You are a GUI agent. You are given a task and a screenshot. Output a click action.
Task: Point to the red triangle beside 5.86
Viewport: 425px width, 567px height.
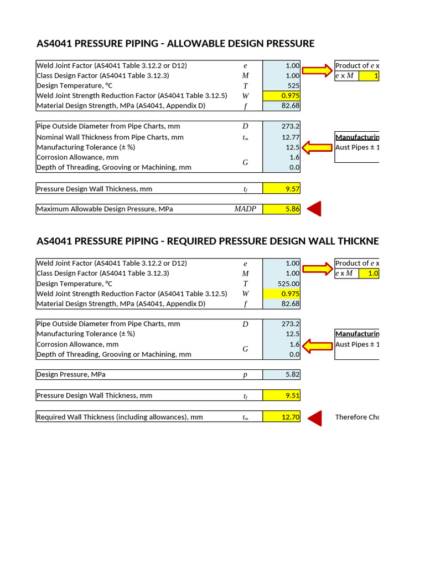coord(314,209)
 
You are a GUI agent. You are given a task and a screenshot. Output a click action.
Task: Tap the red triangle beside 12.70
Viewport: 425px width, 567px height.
coord(314,417)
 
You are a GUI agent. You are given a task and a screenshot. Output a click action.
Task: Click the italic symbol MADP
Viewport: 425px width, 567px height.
coord(245,209)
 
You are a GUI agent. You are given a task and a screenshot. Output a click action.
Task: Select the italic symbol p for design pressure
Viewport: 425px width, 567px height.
coord(245,375)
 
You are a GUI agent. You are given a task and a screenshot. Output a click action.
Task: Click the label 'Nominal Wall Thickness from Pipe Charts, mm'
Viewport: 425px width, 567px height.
coord(110,137)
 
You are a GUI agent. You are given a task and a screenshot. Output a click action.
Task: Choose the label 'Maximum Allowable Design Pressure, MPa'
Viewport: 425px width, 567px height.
coord(105,209)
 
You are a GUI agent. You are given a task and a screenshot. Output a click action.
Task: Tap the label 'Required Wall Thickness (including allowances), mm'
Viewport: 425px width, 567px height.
coord(120,417)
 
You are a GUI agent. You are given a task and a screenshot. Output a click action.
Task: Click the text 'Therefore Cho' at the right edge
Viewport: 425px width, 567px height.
coord(357,417)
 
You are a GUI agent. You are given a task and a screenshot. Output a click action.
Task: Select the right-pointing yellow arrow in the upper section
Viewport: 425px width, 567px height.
coord(317,70)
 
